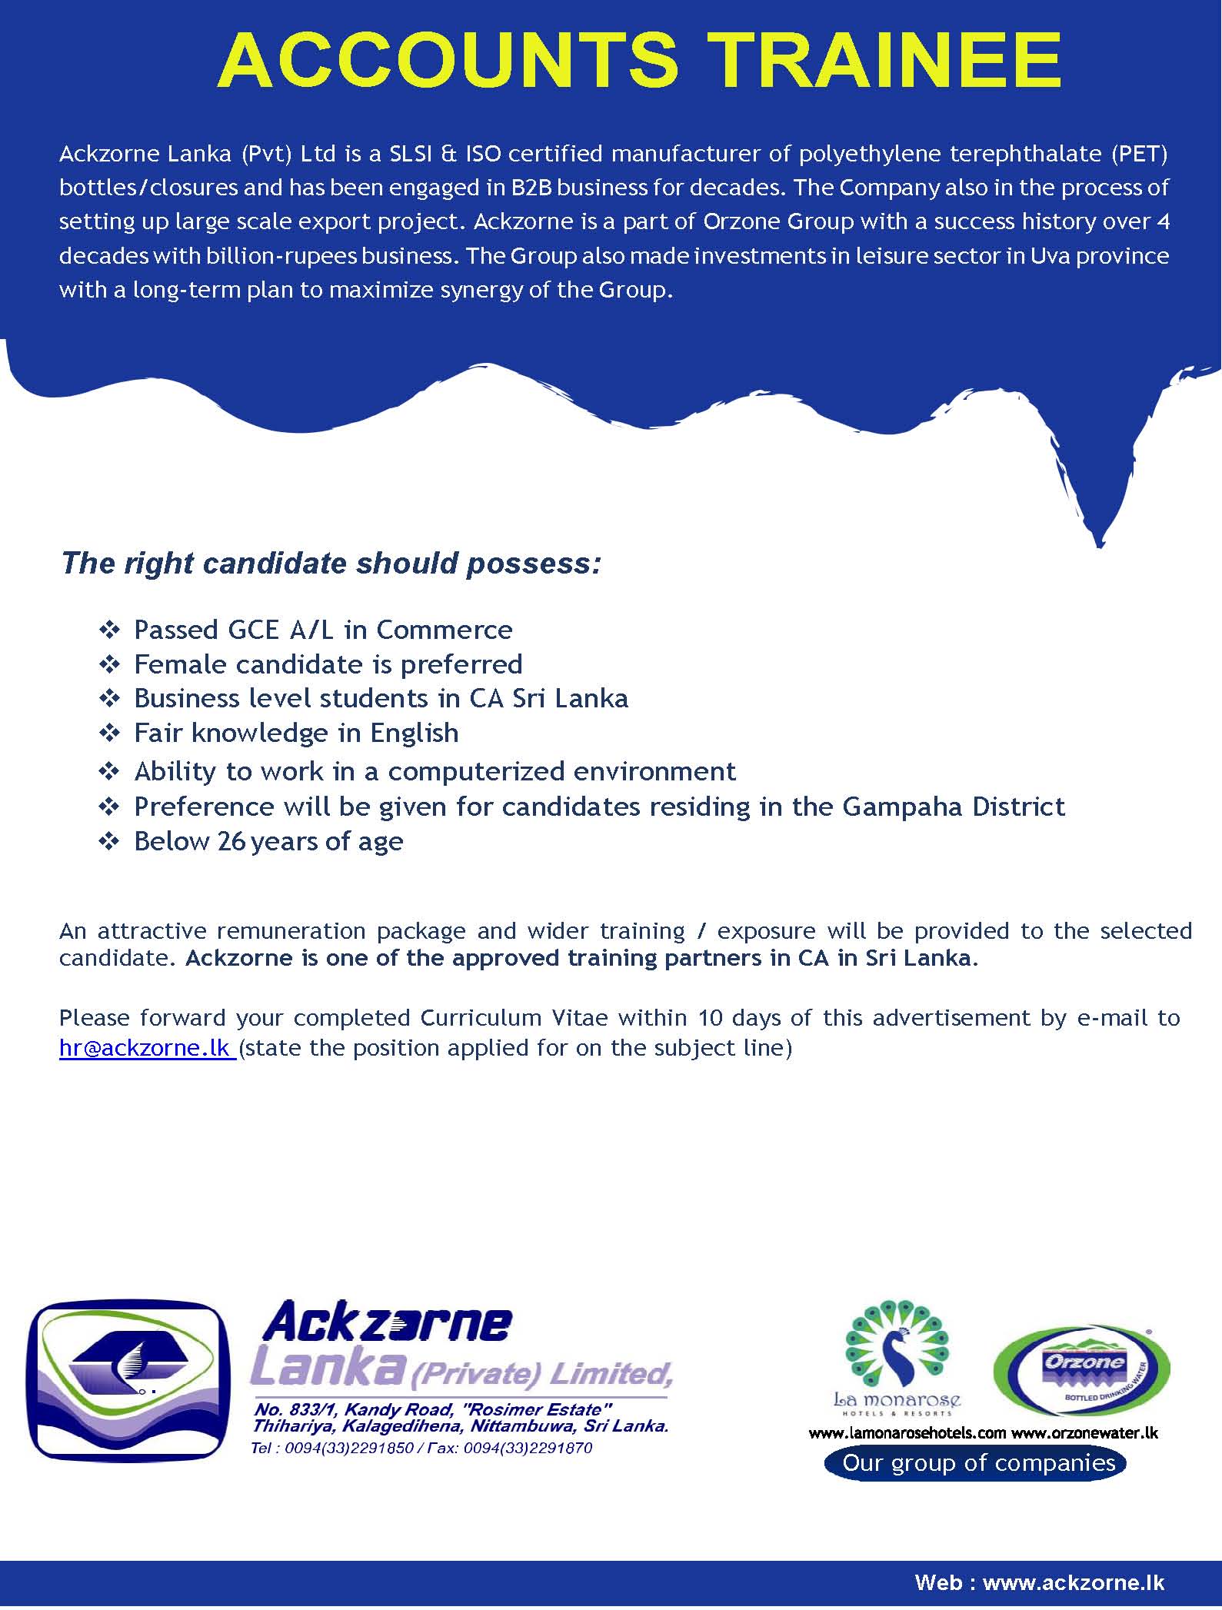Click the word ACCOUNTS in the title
[x=448, y=60]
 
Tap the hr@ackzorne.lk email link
[x=146, y=1048]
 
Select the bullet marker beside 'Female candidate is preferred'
[x=109, y=664]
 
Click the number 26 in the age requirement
[x=232, y=842]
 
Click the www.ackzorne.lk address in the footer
[x=1074, y=1582]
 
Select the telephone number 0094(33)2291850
[x=349, y=1448]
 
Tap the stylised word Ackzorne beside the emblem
[x=387, y=1322]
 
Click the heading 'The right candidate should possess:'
[x=331, y=563]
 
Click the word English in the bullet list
[x=415, y=733]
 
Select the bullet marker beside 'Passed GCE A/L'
[x=109, y=630]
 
